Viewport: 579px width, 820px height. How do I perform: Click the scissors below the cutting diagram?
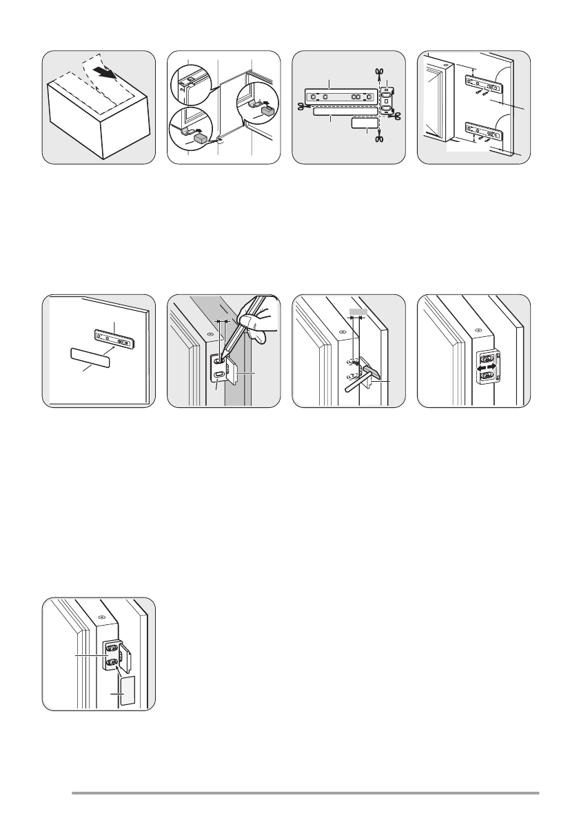pos(379,139)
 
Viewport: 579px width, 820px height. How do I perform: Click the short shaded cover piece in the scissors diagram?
pos(365,123)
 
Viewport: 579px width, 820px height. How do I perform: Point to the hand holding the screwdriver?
pos(258,322)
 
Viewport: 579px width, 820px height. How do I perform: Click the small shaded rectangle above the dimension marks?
pos(356,312)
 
